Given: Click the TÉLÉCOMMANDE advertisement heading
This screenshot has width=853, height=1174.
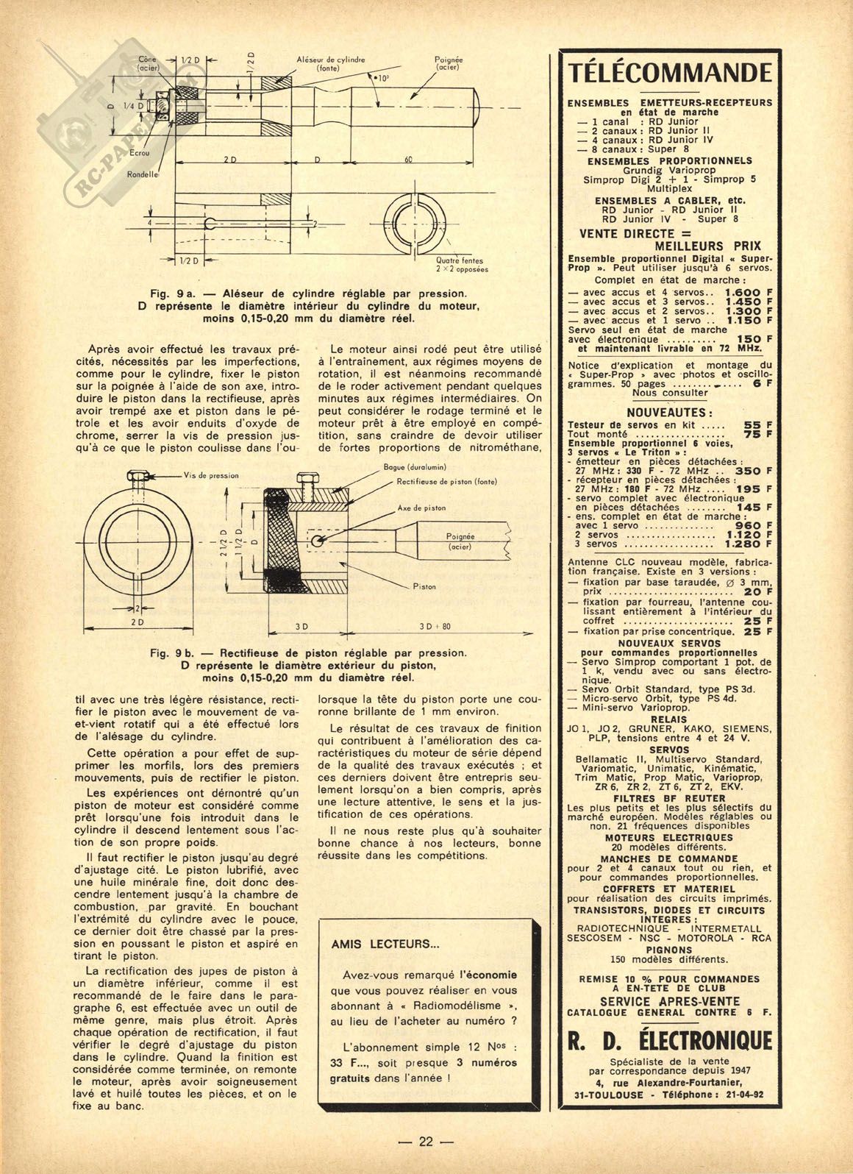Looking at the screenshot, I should pyautogui.click(x=670, y=74).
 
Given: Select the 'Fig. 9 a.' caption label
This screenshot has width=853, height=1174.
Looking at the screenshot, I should pyautogui.click(x=171, y=293).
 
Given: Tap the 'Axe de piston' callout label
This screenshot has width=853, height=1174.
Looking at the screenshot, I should pyautogui.click(x=421, y=508).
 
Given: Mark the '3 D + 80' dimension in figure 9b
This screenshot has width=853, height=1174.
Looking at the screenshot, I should pyautogui.click(x=435, y=626).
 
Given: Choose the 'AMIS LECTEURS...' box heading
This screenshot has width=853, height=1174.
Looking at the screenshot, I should pyautogui.click(x=375, y=944).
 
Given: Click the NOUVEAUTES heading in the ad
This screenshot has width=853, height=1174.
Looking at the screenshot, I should pyautogui.click(x=668, y=413).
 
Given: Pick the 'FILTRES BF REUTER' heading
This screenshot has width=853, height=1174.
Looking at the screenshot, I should pyautogui.click(x=669, y=797).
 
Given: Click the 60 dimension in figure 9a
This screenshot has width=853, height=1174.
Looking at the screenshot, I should pyautogui.click(x=409, y=160).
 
